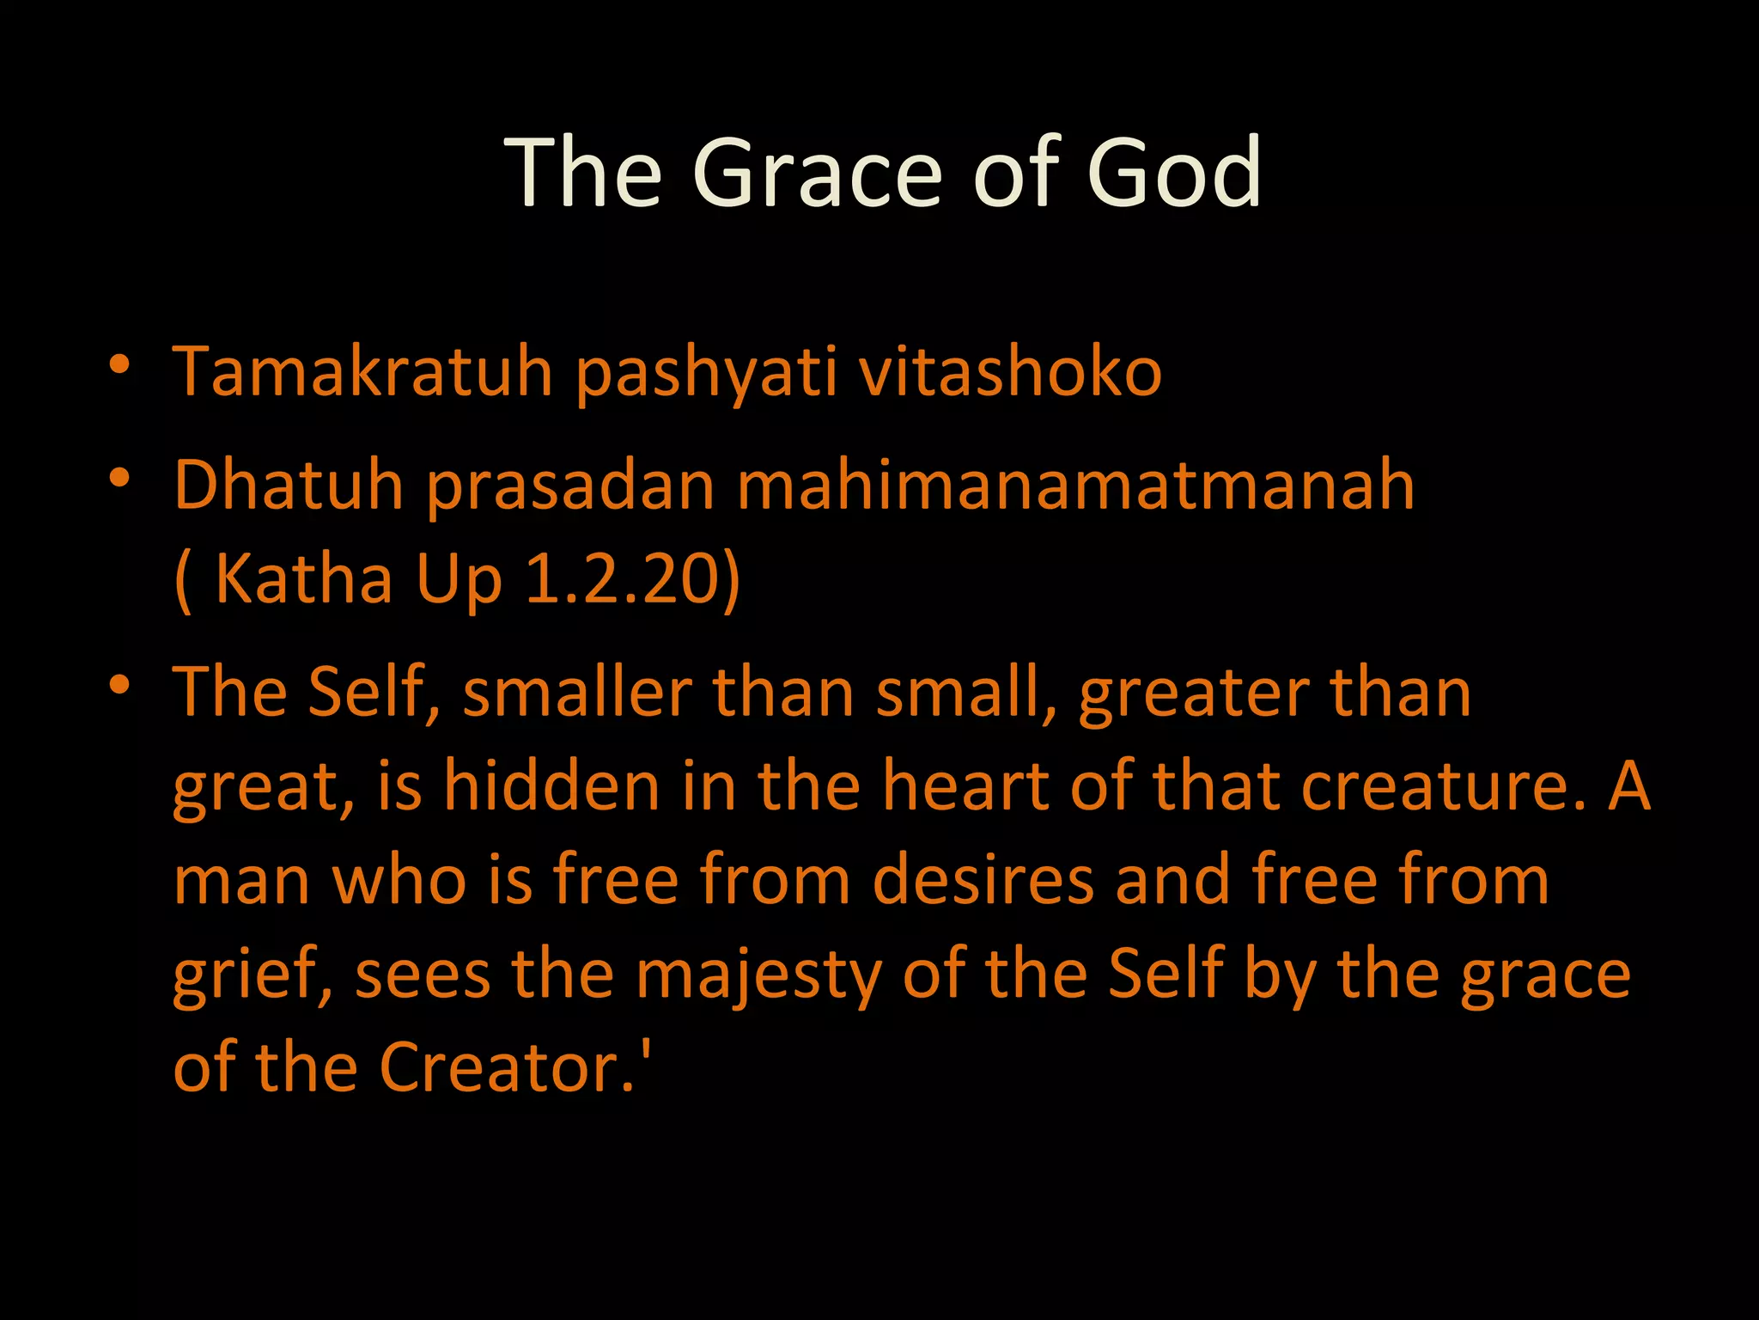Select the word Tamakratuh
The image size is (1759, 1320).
[362, 373]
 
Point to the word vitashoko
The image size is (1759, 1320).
[1010, 373]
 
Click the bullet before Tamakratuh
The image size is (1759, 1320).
[119, 364]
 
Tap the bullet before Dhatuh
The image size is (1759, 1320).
[119, 478]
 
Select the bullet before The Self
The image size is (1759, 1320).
[119, 685]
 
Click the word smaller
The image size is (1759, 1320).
[577, 693]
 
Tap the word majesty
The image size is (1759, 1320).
[758, 976]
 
